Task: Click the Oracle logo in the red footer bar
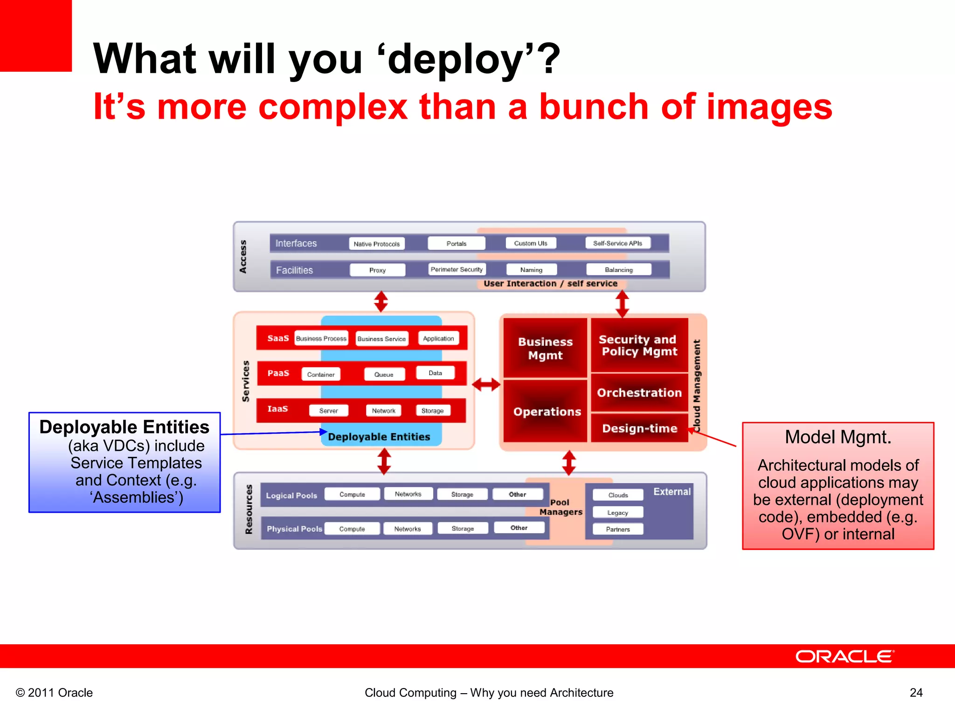(844, 656)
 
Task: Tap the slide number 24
(916, 693)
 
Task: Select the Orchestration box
(639, 393)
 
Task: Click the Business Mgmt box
(545, 348)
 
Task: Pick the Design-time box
(639, 428)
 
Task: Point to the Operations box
(547, 412)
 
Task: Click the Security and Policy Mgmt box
(639, 345)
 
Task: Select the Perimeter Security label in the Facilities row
(457, 269)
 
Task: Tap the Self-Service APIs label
(617, 243)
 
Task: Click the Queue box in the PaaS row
(384, 374)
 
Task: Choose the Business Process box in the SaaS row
(321, 338)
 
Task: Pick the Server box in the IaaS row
(329, 411)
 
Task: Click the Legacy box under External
(618, 513)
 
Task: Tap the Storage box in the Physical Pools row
(463, 529)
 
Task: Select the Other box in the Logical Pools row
(518, 495)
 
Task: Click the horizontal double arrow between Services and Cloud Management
(486, 385)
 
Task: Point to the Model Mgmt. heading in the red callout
(838, 437)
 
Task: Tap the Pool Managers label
(561, 507)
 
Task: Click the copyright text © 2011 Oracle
(55, 693)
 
